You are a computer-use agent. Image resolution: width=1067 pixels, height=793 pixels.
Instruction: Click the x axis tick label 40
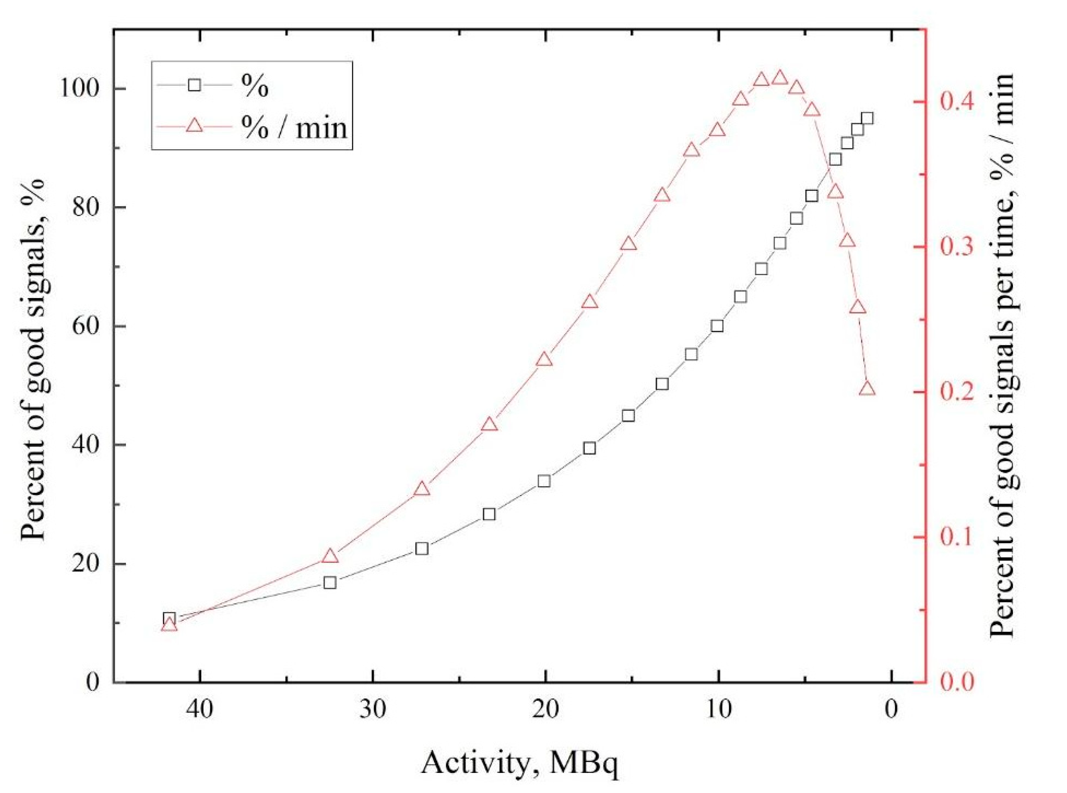click(x=200, y=710)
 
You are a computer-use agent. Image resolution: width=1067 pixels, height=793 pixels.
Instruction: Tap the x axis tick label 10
click(x=718, y=710)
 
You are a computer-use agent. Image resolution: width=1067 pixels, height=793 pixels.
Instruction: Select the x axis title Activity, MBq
click(x=519, y=762)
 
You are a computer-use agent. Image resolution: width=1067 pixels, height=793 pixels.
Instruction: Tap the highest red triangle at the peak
click(x=780, y=78)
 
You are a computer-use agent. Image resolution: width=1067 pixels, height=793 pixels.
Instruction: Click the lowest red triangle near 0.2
click(x=867, y=389)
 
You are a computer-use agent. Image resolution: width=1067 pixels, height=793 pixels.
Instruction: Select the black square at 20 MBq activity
click(x=544, y=481)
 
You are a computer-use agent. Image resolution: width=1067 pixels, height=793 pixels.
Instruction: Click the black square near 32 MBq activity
click(x=330, y=583)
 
